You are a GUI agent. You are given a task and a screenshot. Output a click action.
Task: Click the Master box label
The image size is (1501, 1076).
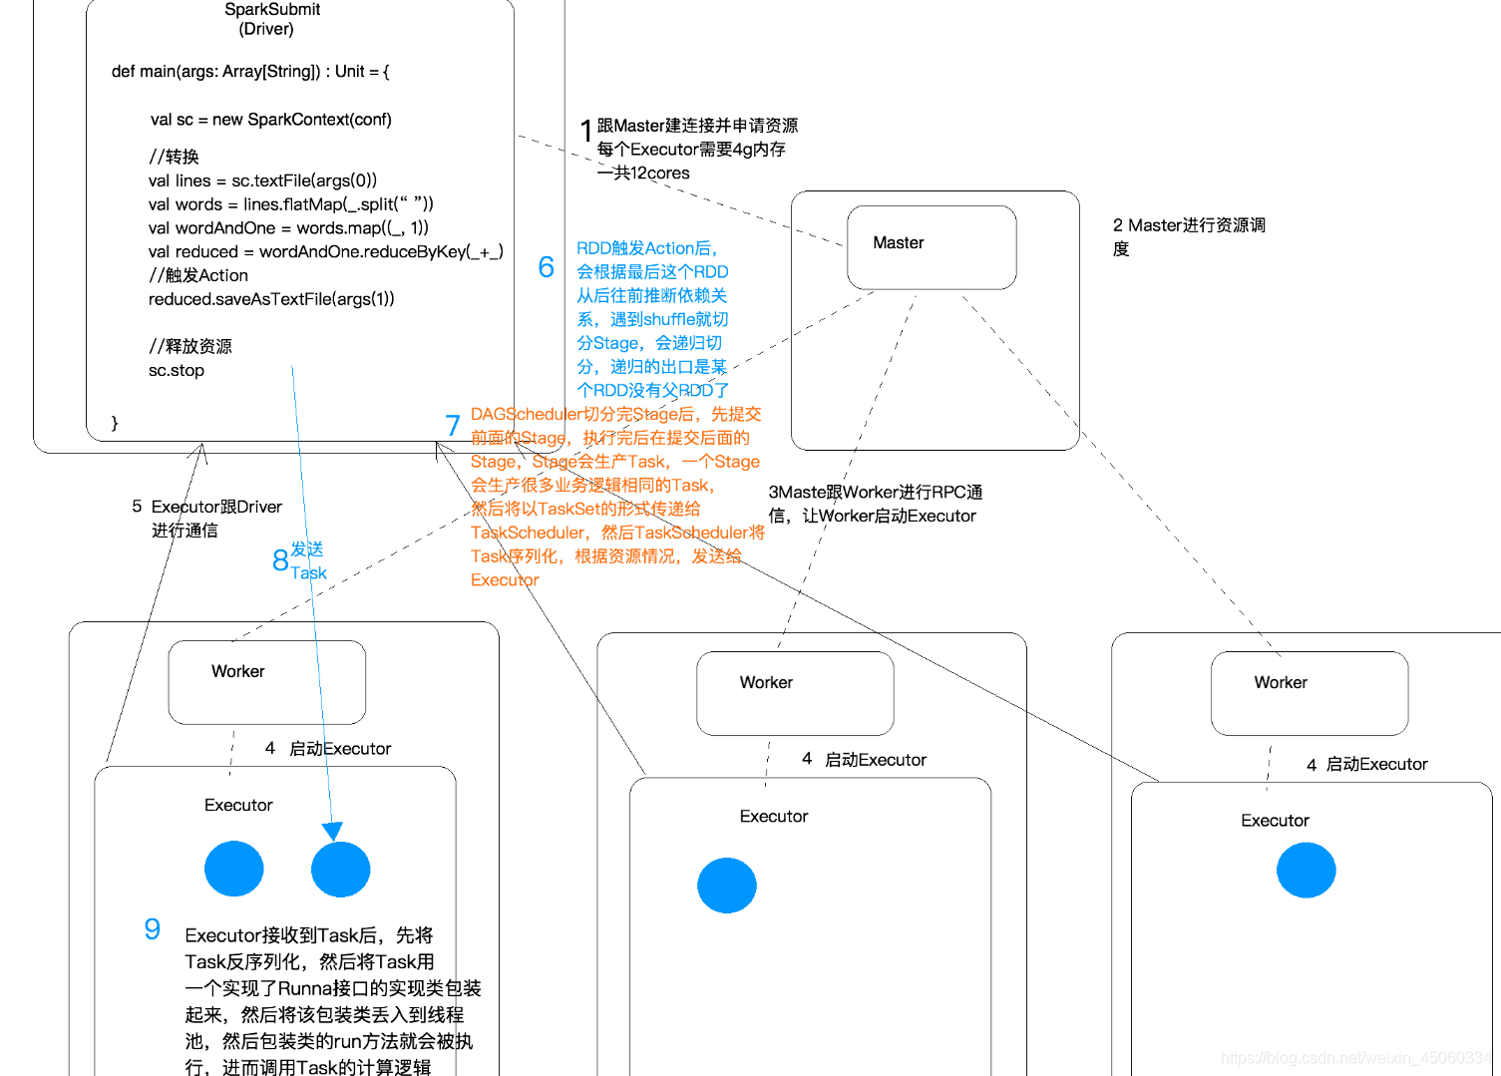pyautogui.click(x=898, y=243)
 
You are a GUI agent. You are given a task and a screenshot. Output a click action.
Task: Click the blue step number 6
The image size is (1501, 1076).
pyautogui.click(x=546, y=267)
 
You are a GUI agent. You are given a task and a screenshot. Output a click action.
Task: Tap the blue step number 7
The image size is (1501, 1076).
pyautogui.click(x=453, y=426)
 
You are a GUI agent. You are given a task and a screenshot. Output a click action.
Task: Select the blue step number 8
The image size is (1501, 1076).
pyautogui.click(x=280, y=560)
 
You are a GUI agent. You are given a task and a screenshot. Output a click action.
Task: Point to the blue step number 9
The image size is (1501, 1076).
pyautogui.click(x=152, y=929)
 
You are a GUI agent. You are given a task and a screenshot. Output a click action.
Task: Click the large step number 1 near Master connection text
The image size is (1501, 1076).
pyautogui.click(x=586, y=131)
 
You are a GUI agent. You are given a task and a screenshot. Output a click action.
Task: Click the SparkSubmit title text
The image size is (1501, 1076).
pyautogui.click(x=271, y=10)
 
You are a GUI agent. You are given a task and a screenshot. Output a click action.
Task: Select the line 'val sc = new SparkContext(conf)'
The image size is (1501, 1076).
pyautogui.click(x=270, y=120)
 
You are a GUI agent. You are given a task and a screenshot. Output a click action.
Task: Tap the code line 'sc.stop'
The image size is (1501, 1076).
pyautogui.click(x=177, y=371)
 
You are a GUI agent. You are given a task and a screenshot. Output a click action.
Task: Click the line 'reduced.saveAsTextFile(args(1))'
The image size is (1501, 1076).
pyautogui.click(x=271, y=299)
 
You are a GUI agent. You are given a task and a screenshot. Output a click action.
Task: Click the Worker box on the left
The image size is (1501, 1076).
pyautogui.click(x=266, y=682)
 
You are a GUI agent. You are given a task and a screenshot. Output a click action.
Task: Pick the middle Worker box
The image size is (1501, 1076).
pyautogui.click(x=794, y=693)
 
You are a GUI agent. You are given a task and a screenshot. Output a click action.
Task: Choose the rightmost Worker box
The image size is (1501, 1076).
pyautogui.click(x=1309, y=693)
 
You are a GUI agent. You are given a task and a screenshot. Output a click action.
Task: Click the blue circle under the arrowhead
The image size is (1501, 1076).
pyautogui.click(x=340, y=870)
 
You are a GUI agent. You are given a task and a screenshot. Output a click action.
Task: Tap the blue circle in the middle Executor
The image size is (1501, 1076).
pyautogui.click(x=726, y=886)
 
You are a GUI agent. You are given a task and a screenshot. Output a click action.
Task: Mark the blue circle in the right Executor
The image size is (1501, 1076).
pyautogui.click(x=1306, y=870)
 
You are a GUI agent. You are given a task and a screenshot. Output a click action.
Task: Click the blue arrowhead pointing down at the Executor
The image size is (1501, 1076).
pyautogui.click(x=332, y=831)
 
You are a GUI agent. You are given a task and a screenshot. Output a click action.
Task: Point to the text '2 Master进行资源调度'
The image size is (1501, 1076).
pyautogui.click(x=1188, y=236)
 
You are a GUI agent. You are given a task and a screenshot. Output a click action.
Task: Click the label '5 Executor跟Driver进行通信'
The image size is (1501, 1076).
pyautogui.click(x=206, y=519)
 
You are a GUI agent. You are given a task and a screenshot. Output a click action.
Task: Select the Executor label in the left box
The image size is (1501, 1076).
pyautogui.click(x=238, y=806)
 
